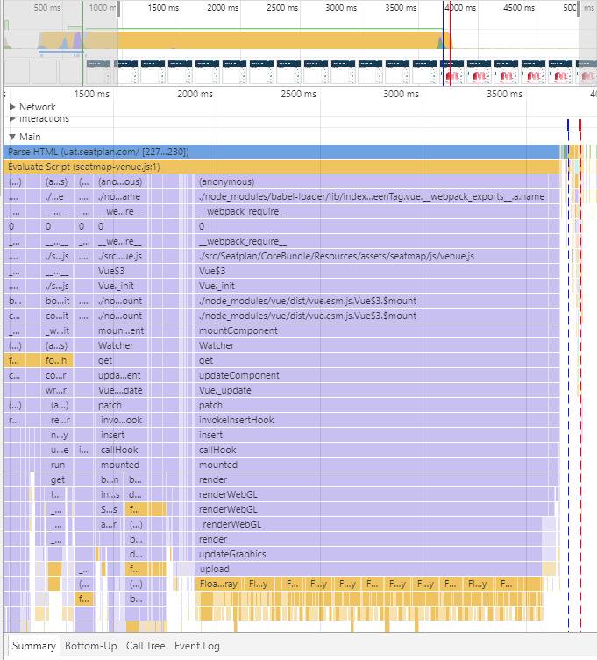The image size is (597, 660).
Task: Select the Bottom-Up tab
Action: point(91,646)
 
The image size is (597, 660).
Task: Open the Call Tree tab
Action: point(146,646)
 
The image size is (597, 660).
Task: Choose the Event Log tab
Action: point(197,646)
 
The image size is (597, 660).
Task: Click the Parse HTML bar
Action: point(281,152)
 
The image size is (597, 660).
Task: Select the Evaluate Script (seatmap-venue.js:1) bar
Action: point(281,167)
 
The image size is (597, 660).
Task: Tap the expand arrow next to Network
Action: point(12,107)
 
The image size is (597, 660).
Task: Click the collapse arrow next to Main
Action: point(12,137)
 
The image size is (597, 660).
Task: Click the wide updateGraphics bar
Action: point(368,554)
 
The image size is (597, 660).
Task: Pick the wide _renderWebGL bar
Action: point(368,524)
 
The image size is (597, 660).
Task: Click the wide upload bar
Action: point(368,569)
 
